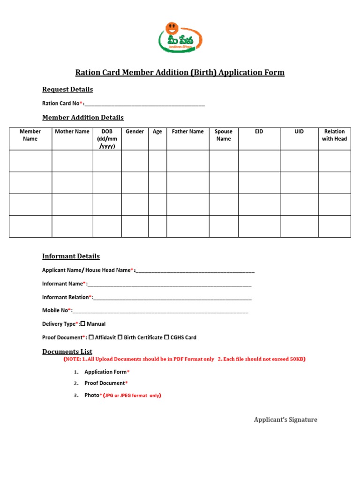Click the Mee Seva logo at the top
pos(180,37)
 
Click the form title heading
pos(180,73)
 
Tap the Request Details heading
pos(67,90)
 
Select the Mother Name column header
pos(72,132)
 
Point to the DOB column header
pos(107,139)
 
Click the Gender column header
pos(135,132)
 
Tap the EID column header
pos(259,132)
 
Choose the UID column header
pos(299,132)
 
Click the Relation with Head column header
pos(334,135)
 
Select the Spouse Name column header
pos(224,135)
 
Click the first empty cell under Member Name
pos(30,161)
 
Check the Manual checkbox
pos(83,323)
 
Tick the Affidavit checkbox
pos(91,337)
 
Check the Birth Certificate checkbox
pos(120,337)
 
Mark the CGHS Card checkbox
pos(166,337)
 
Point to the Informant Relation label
pos(66,297)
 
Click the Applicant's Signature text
pos(285,420)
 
